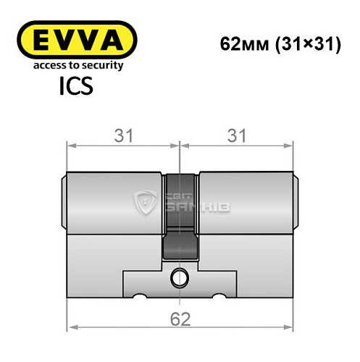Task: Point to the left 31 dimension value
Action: coord(125,136)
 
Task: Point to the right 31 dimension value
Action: coord(237,136)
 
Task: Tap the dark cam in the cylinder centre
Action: coord(180,217)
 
